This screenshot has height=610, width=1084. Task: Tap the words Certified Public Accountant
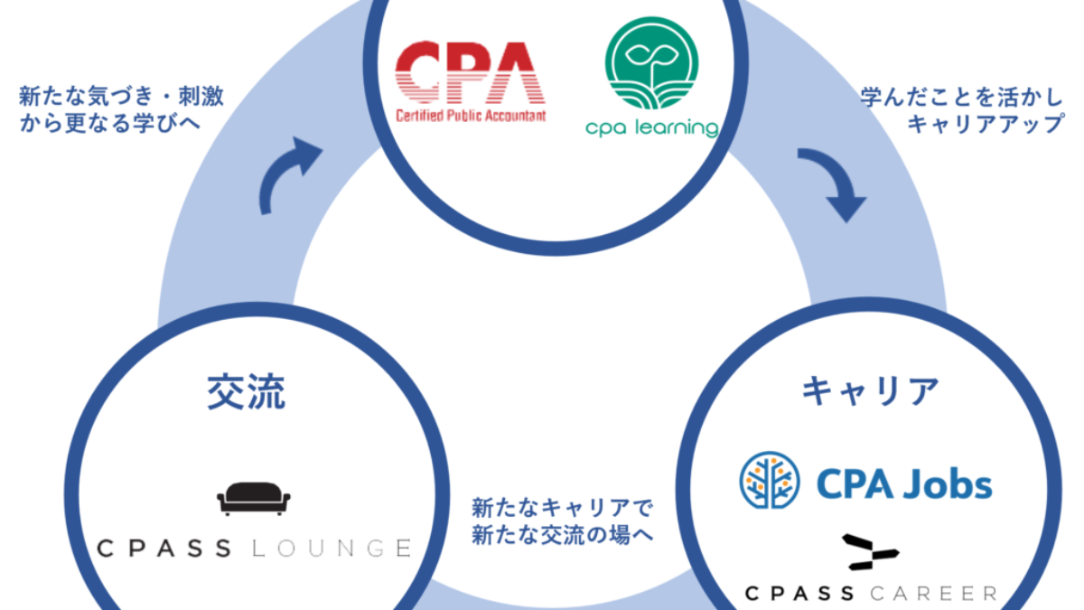[471, 117]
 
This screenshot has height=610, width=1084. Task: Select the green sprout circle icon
[651, 64]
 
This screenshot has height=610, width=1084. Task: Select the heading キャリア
[869, 391]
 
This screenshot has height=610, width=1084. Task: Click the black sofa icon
[253, 499]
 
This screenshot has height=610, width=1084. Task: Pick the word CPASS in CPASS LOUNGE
[172, 548]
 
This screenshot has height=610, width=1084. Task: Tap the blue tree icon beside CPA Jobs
[769, 479]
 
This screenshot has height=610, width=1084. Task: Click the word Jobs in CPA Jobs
[948, 484]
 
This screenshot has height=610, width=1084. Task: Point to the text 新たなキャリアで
[562, 508]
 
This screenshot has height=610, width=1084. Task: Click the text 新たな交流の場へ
[562, 535]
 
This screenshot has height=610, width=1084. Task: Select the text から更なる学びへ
[109, 124]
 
